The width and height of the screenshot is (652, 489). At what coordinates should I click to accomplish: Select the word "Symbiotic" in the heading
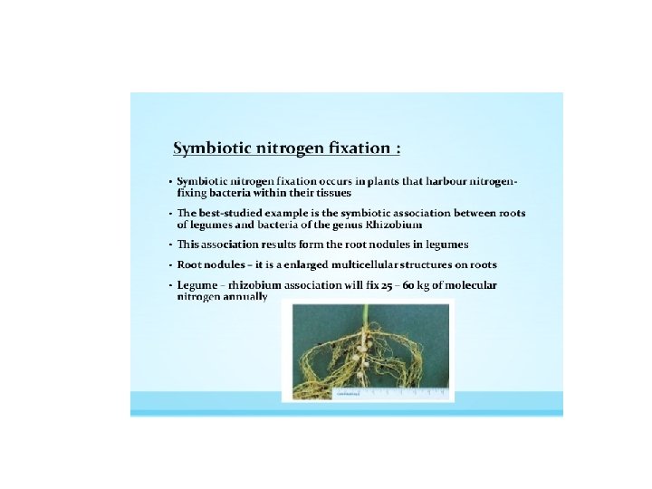[216, 147]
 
